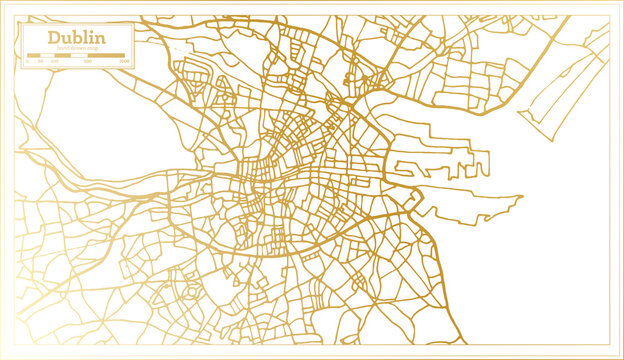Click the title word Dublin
75,38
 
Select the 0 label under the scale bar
27,62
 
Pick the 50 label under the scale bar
40,62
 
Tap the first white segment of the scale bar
47,56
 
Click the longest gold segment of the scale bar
106,56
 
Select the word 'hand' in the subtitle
62,48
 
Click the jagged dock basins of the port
440,165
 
